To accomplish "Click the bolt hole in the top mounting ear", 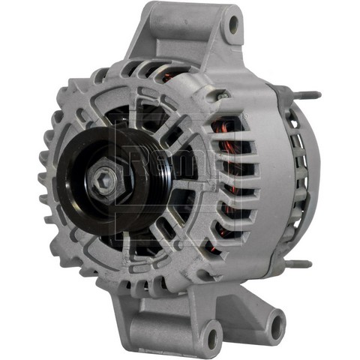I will [x=233, y=25].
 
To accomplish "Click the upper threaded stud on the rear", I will [x=307, y=95].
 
